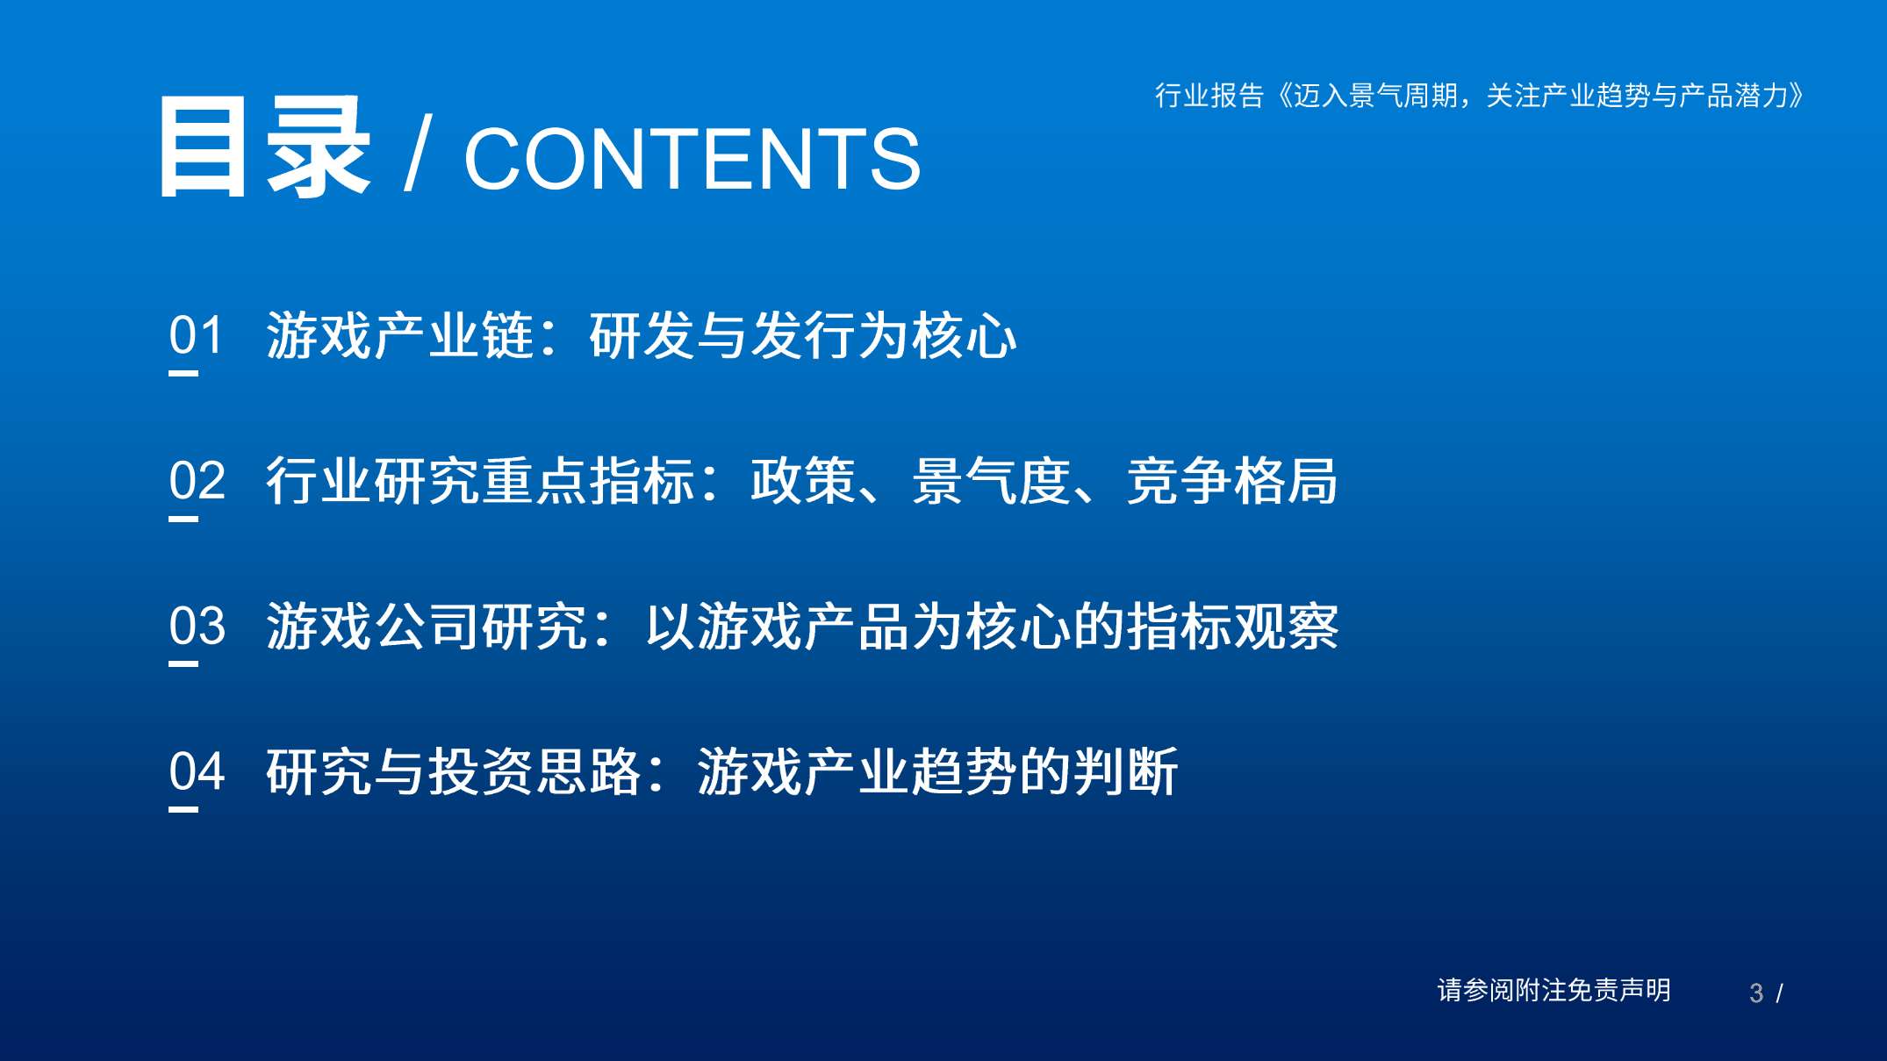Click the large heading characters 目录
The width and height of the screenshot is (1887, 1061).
pos(264,148)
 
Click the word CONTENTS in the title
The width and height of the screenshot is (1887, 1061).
pos(692,159)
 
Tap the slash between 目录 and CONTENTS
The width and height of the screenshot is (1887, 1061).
pos(418,154)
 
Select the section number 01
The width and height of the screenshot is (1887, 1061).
pos(197,335)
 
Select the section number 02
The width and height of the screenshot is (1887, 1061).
pos(197,481)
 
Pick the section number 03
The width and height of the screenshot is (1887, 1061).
pos(197,627)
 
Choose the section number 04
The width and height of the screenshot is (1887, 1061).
pos(197,772)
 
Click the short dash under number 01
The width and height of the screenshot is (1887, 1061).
pos(183,373)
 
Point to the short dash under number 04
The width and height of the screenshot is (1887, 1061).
pos(183,809)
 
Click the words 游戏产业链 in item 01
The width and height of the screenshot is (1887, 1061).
pos(400,335)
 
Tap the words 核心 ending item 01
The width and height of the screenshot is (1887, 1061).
pos(964,335)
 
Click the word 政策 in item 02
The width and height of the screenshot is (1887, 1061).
pos(803,481)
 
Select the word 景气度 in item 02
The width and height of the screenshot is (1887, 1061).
pos(992,481)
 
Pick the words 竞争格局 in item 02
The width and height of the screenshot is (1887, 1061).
pos(1232,481)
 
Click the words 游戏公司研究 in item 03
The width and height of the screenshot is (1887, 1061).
pos(427,627)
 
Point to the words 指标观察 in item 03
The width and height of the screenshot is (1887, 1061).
pos(1232,627)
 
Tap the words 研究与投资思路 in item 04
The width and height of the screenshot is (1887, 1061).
pos(454,772)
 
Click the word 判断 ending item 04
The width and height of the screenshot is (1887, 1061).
pos(1125,772)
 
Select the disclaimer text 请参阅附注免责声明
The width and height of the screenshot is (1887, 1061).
pos(1553,990)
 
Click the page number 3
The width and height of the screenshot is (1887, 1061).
pos(1755,993)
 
